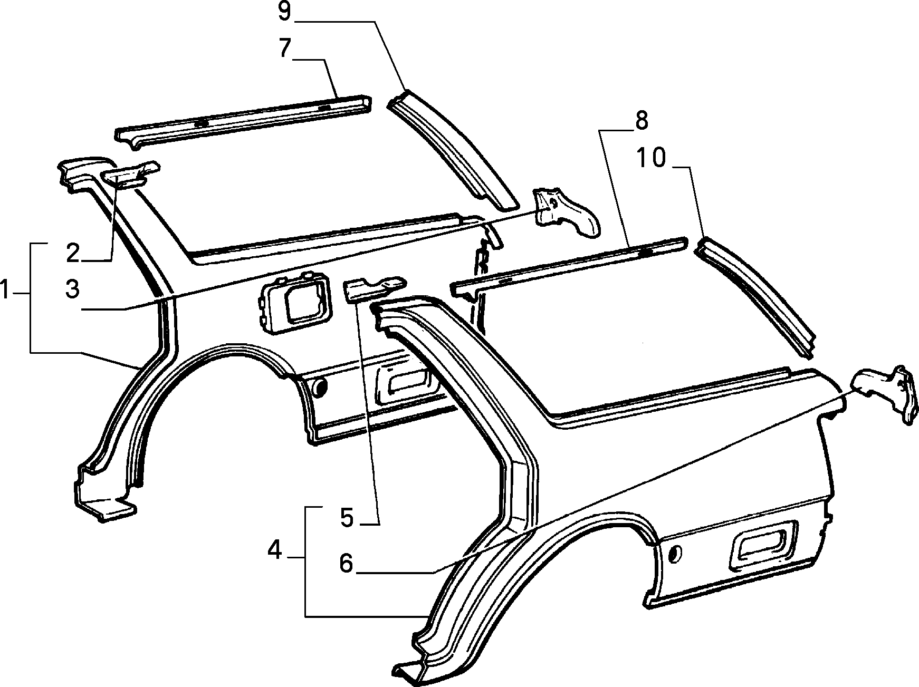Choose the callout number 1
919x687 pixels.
coord(5,290)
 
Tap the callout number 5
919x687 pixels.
coord(346,517)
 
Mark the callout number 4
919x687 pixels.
coord(275,550)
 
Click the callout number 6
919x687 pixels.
coord(346,564)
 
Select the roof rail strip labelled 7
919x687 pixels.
coord(243,118)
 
